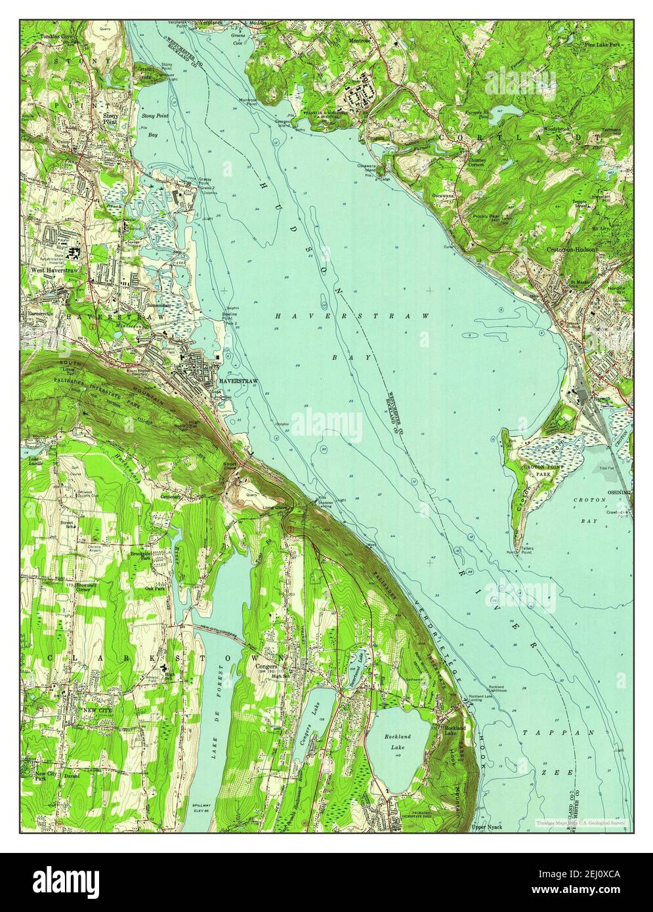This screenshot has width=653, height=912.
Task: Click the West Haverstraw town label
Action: [49, 269]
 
